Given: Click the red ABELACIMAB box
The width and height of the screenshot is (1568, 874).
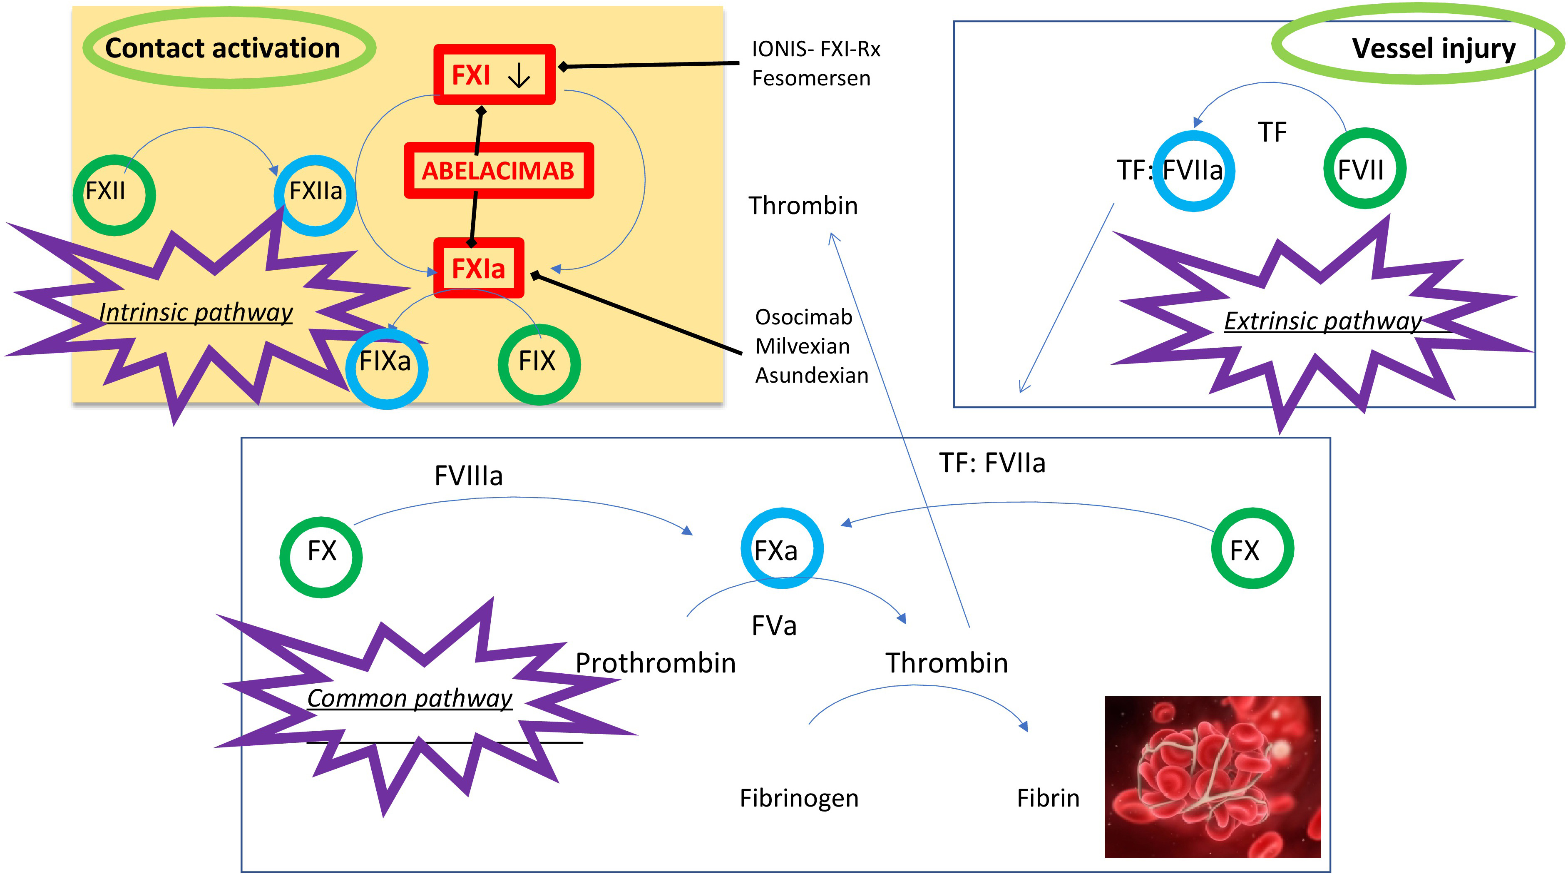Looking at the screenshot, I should click(x=498, y=171).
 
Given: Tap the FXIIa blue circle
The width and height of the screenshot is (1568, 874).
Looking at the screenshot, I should click(x=315, y=195).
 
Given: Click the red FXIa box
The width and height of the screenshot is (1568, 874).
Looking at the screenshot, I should click(x=478, y=268).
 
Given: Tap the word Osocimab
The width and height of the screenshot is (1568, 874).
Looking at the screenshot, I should click(x=803, y=317).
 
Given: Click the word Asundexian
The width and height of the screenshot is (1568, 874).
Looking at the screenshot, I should click(x=811, y=376).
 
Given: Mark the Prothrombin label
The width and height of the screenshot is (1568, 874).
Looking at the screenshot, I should click(x=656, y=662).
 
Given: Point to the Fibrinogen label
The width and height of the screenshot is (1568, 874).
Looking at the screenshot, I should click(x=799, y=798).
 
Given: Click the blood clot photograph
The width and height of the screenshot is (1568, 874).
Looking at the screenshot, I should click(x=1212, y=777).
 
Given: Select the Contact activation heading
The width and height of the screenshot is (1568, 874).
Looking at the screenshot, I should click(x=223, y=48).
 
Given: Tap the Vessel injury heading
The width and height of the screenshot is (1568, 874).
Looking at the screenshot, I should click(x=1434, y=48).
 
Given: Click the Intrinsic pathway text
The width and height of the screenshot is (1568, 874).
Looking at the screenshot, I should click(x=196, y=312).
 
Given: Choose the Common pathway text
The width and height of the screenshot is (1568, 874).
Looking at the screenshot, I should click(x=409, y=698).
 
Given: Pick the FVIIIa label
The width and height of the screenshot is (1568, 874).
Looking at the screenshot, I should click(x=468, y=476).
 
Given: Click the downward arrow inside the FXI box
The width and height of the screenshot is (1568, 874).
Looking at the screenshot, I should click(x=519, y=76).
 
